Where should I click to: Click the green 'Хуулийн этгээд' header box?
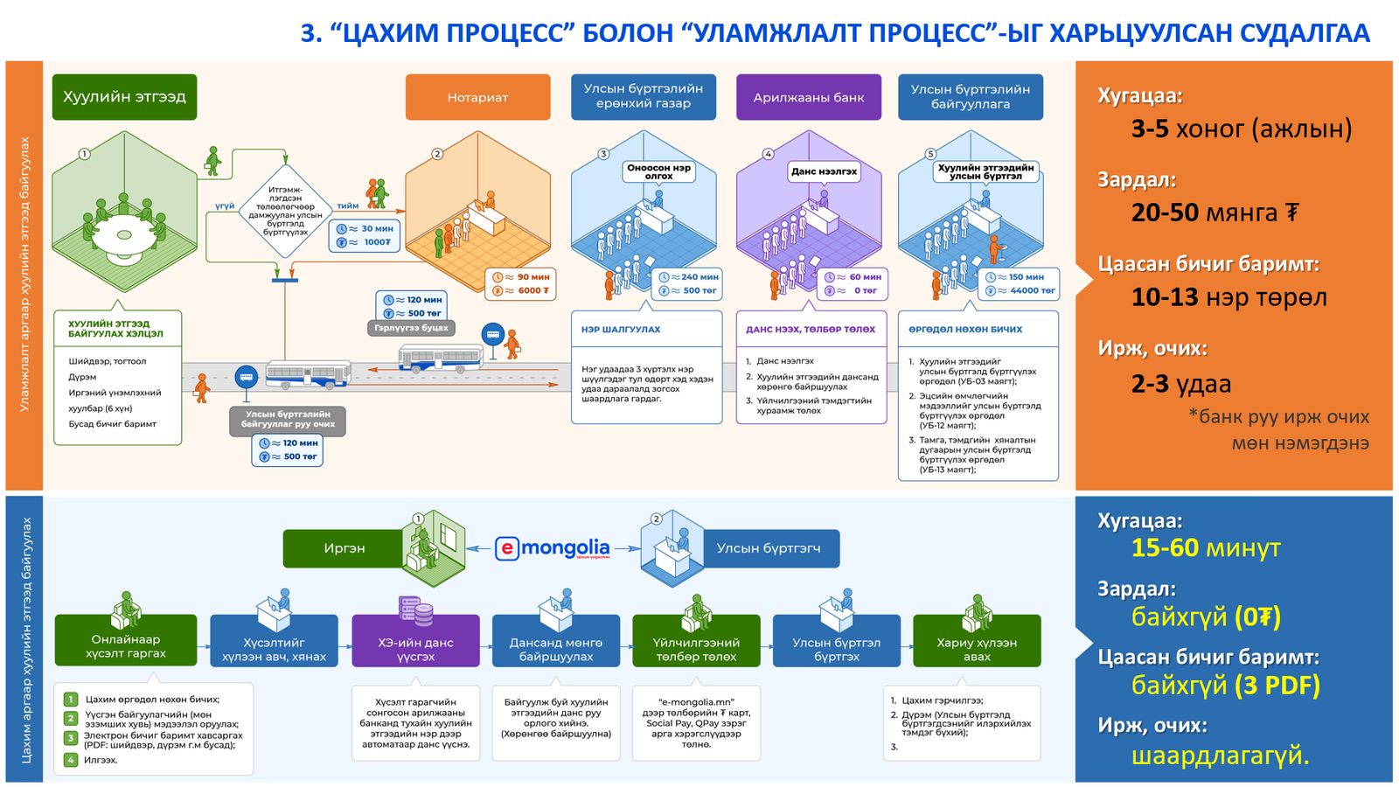(124, 97)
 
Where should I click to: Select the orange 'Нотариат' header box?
(477, 97)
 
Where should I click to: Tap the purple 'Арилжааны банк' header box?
(809, 97)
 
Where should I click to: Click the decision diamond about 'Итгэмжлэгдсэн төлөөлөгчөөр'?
(285, 211)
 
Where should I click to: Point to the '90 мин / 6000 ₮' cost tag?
(520, 283)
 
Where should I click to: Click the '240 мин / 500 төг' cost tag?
(686, 283)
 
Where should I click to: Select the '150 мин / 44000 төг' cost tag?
(1021, 283)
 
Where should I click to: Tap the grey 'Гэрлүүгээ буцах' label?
(411, 328)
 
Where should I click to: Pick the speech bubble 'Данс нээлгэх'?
(824, 171)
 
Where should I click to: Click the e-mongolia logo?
(553, 548)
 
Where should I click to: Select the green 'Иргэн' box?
(345, 548)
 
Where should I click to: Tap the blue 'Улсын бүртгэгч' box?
(769, 548)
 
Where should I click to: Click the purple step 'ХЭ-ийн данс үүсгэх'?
(415, 649)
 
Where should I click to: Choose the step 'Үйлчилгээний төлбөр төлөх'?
(696, 649)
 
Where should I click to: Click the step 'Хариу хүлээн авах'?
(977, 649)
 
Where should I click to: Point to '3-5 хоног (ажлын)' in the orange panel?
(1241, 129)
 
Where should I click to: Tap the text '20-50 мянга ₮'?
(1215, 212)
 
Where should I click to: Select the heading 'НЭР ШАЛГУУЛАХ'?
(621, 330)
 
